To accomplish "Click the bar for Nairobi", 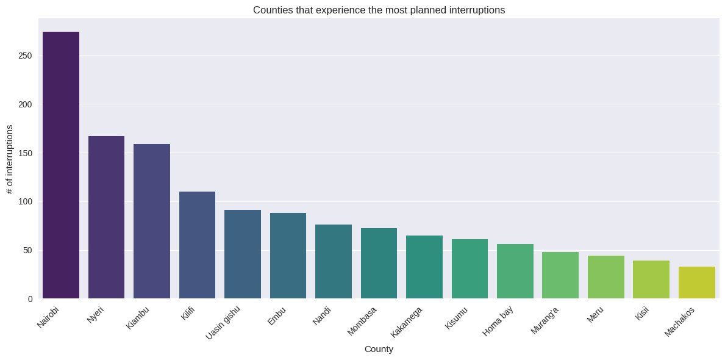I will (61, 165).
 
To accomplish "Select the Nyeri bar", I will (106, 217).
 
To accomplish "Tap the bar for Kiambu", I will (152, 221).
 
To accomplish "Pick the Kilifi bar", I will (197, 245).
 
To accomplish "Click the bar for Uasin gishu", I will (243, 254).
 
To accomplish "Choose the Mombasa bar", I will (379, 263).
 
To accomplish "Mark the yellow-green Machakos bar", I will (696, 283).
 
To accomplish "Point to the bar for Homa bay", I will (515, 271).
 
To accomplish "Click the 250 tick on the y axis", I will (25, 56).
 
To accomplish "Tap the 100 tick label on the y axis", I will (25, 201).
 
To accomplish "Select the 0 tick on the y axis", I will (30, 299).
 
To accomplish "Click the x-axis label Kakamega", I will (407, 322).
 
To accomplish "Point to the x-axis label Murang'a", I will (545, 320).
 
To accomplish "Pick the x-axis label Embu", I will (277, 315).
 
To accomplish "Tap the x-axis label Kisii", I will (642, 313).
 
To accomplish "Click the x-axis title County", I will (379, 349).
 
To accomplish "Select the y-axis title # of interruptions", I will (9, 159).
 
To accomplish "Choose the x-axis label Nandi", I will (322, 315).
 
